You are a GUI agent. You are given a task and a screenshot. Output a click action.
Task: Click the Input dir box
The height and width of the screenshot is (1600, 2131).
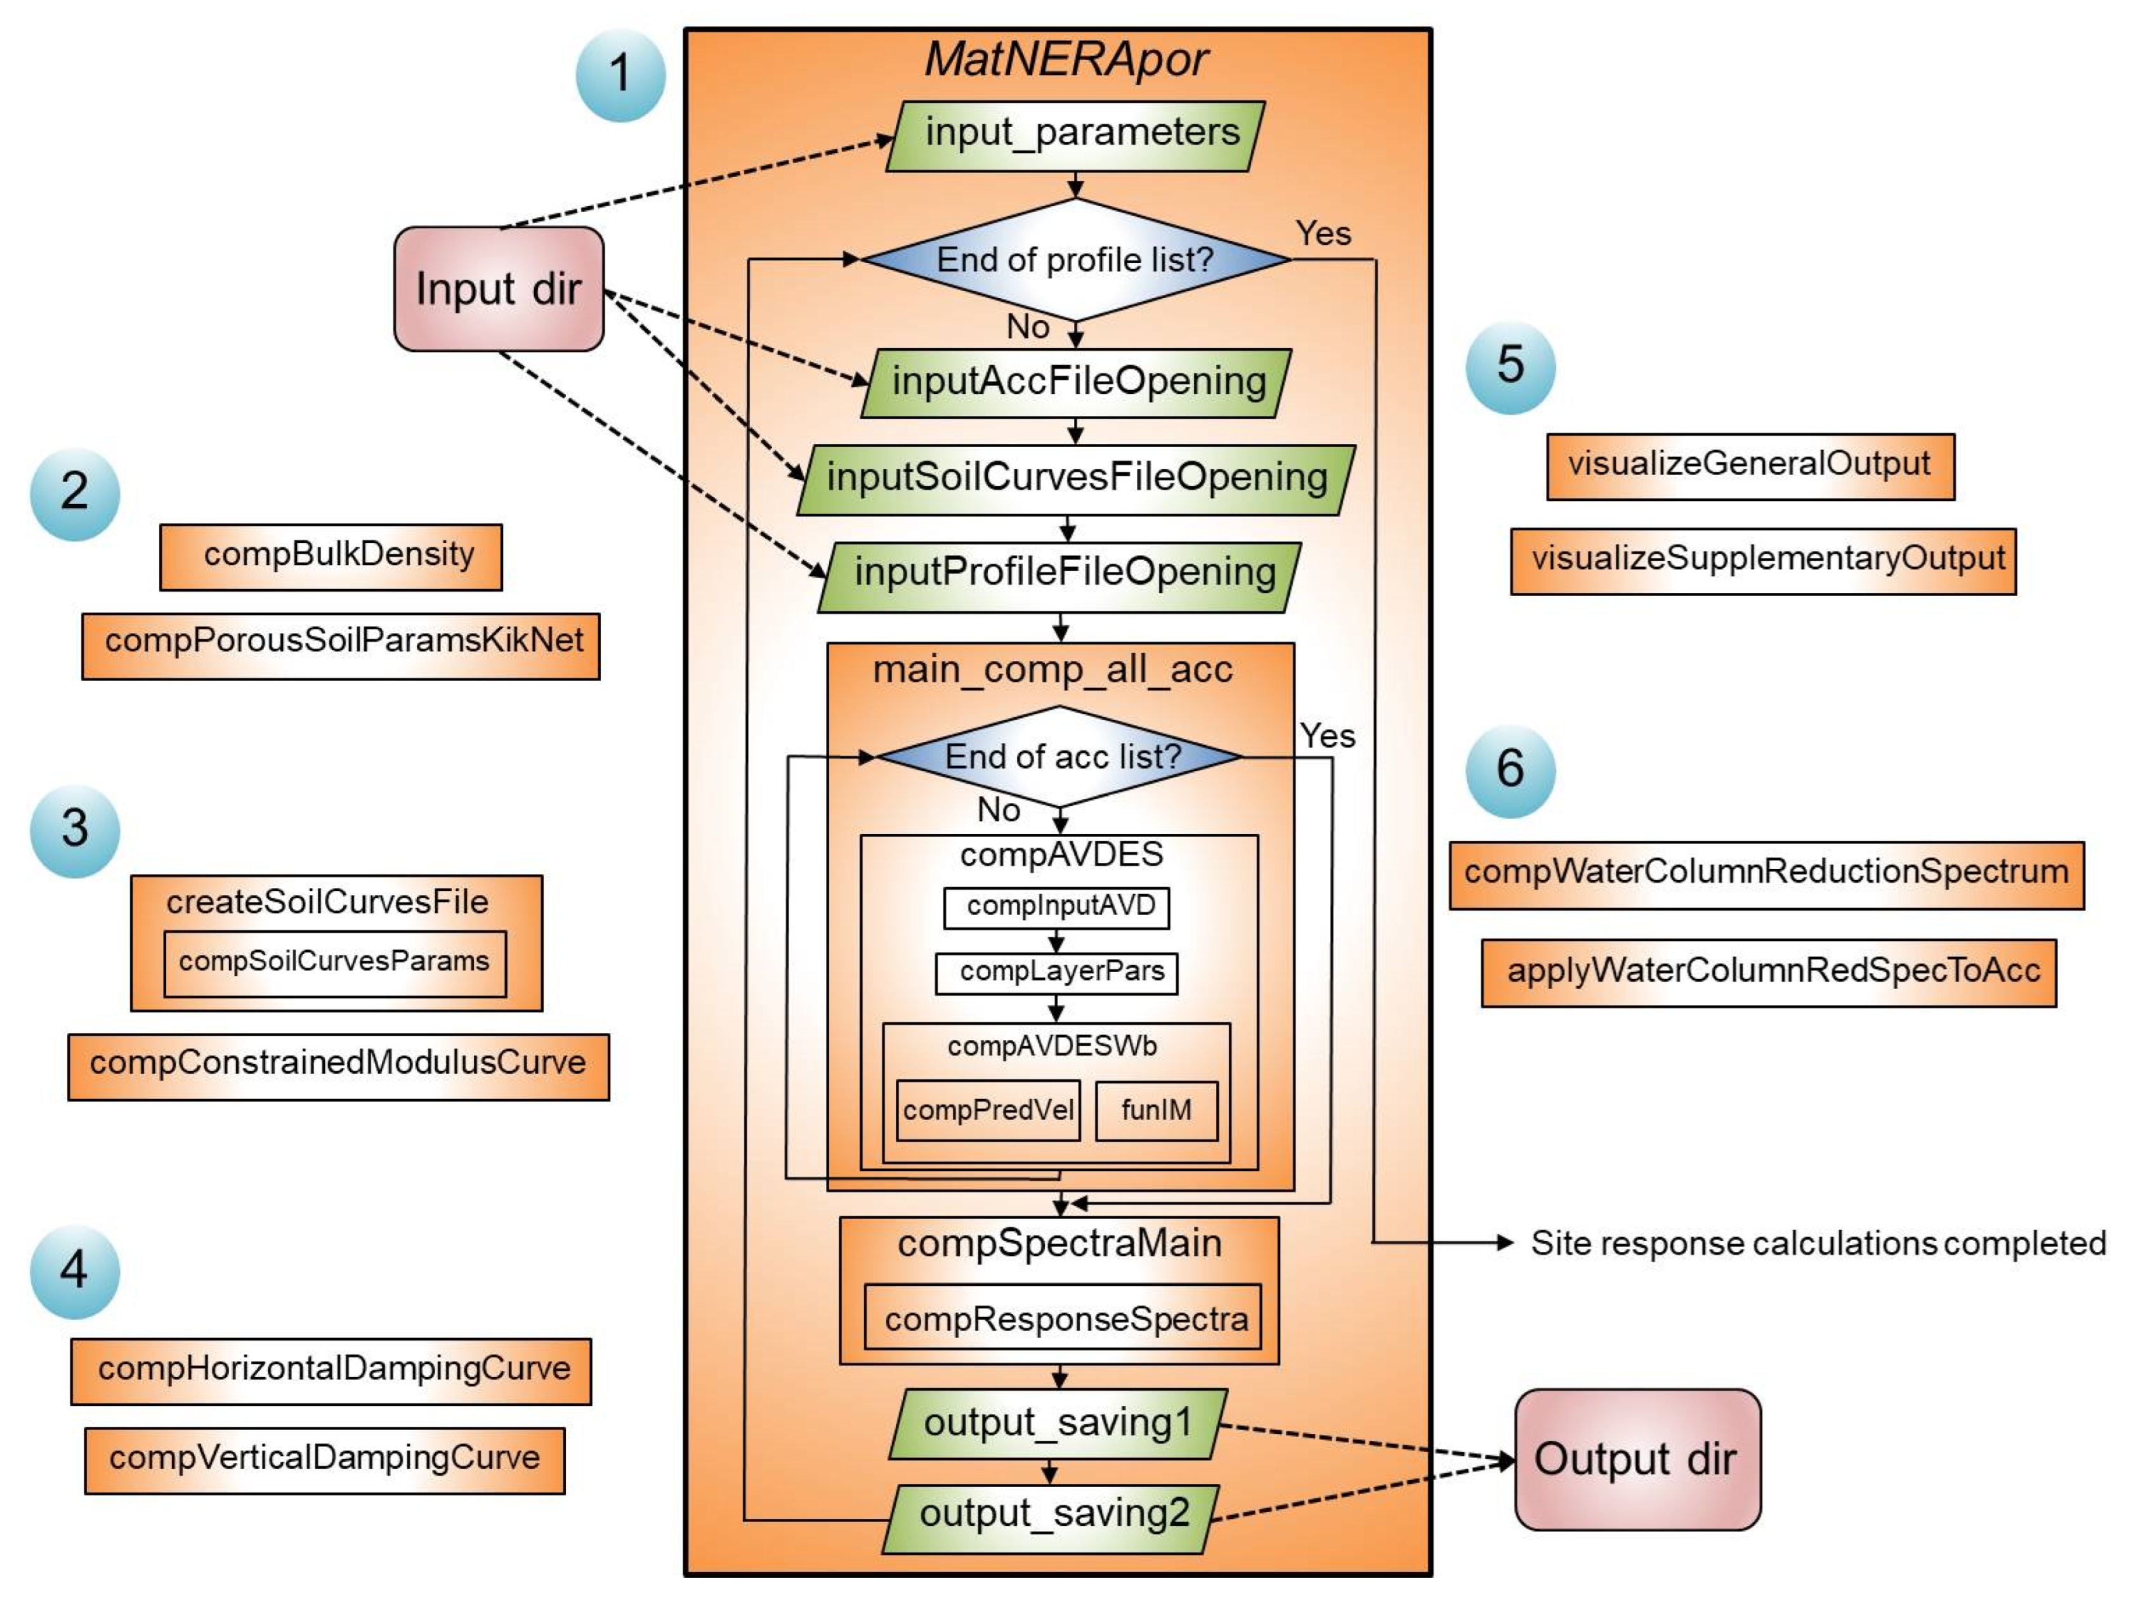(498, 289)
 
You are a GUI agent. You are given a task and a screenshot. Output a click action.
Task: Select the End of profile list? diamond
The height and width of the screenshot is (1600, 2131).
(1075, 259)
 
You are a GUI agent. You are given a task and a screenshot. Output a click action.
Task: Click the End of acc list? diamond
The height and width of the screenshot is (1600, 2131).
(1061, 756)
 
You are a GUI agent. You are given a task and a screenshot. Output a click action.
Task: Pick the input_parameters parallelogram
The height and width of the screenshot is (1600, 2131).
(1076, 135)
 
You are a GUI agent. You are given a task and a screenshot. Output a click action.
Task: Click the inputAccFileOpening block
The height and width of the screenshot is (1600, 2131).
(1076, 382)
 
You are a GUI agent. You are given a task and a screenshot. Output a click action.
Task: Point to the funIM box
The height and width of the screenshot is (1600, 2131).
(1156, 1110)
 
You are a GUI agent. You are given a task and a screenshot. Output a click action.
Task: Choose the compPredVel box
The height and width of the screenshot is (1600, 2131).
(987, 1110)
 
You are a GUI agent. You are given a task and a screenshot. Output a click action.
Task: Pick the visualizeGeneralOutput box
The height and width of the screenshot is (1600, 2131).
(1750, 466)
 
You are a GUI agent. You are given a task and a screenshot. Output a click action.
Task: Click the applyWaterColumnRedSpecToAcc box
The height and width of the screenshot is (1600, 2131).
(1768, 972)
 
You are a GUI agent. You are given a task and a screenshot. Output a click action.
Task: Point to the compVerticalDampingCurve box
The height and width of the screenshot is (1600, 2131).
(325, 1459)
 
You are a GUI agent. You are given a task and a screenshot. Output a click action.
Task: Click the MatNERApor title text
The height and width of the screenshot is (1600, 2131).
(1066, 60)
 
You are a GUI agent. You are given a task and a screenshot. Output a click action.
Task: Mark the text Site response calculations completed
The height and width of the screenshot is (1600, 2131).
(1817, 1242)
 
